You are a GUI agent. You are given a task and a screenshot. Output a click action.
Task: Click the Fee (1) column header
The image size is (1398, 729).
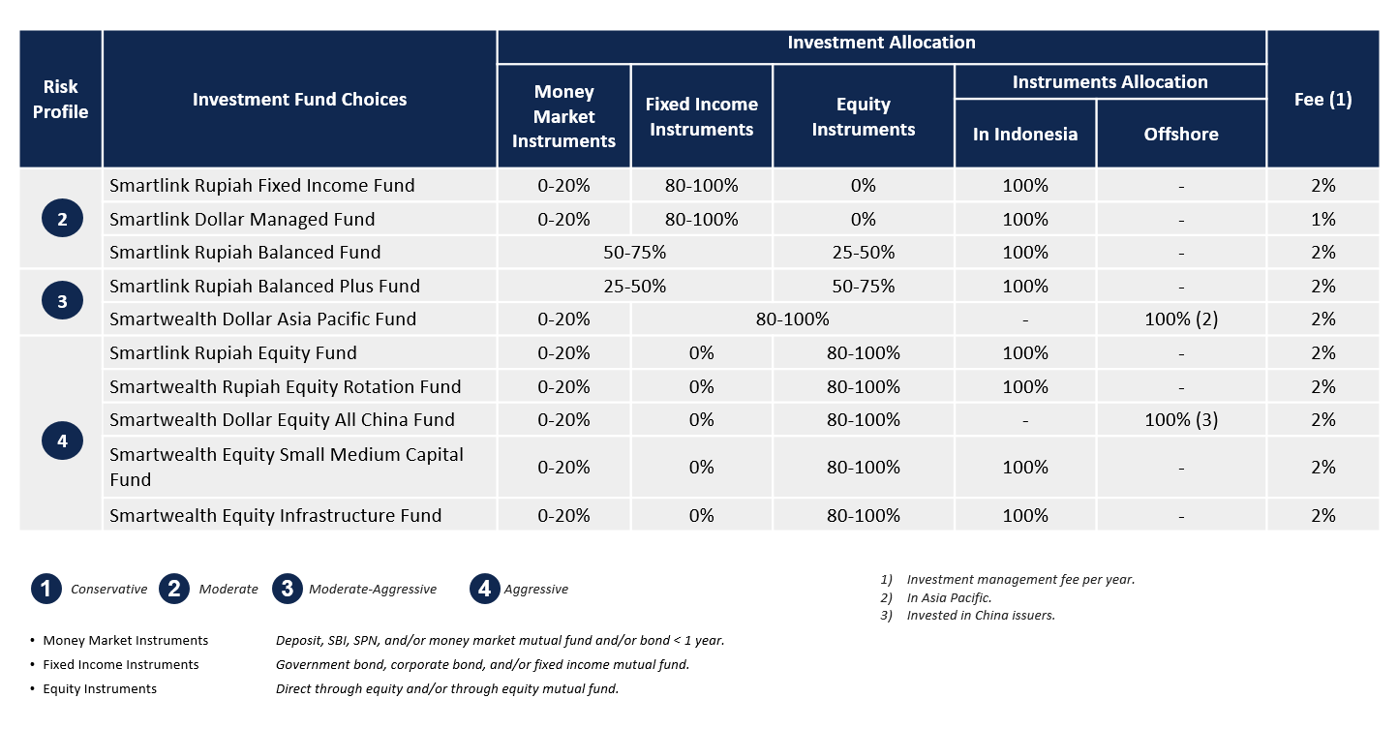[x=1322, y=100]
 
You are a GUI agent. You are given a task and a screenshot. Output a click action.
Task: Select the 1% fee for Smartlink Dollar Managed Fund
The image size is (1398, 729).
[x=1323, y=219]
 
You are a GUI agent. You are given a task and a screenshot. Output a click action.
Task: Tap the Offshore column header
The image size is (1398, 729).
[x=1181, y=135]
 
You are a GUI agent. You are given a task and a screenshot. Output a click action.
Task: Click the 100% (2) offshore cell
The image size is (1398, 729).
[x=1181, y=319]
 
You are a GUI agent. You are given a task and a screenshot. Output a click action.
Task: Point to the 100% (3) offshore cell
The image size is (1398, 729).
[x=1181, y=419]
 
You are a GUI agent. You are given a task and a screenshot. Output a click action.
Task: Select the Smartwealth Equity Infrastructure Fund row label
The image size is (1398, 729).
[x=275, y=515]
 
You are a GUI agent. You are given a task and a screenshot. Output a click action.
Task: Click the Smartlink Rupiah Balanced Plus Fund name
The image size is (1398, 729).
[x=264, y=286]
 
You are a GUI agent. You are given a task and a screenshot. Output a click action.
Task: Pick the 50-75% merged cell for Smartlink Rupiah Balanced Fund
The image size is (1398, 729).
[x=635, y=252]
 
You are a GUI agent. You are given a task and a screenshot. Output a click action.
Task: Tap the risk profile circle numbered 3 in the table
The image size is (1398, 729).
[x=62, y=301]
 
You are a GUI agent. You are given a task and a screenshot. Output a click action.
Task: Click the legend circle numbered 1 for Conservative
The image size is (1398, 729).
[x=46, y=589]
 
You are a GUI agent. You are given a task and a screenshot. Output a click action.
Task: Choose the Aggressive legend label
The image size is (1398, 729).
[x=536, y=590]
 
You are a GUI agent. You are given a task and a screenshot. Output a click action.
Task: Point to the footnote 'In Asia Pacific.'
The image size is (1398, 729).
[x=949, y=597]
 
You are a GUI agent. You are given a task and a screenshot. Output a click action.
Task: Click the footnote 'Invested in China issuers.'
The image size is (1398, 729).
[x=981, y=615]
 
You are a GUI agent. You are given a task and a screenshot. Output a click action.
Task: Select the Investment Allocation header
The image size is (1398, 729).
[x=881, y=43]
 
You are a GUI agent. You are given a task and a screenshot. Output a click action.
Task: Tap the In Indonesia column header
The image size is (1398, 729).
[x=1025, y=135]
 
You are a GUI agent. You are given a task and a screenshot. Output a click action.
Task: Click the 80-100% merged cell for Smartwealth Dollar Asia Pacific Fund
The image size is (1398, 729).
[x=792, y=319]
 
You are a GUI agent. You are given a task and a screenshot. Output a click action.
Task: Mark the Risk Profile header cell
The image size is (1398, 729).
[x=61, y=100]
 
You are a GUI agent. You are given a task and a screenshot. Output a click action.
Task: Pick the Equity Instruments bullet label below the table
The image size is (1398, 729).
[x=100, y=688]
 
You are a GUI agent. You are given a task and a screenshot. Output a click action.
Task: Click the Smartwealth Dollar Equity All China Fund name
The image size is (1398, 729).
[x=282, y=419]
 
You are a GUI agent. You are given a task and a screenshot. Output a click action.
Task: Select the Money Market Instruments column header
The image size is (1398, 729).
[x=563, y=116]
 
